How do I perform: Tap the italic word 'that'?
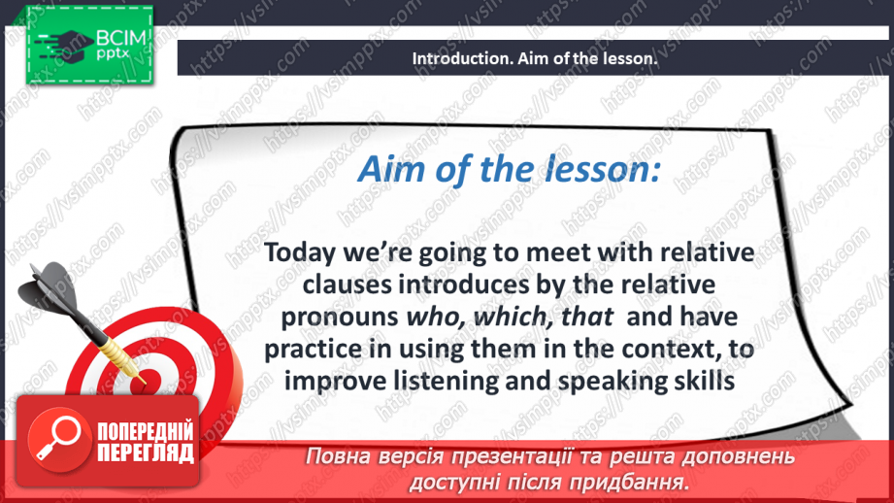point(587,318)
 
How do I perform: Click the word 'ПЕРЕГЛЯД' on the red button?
point(146,453)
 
